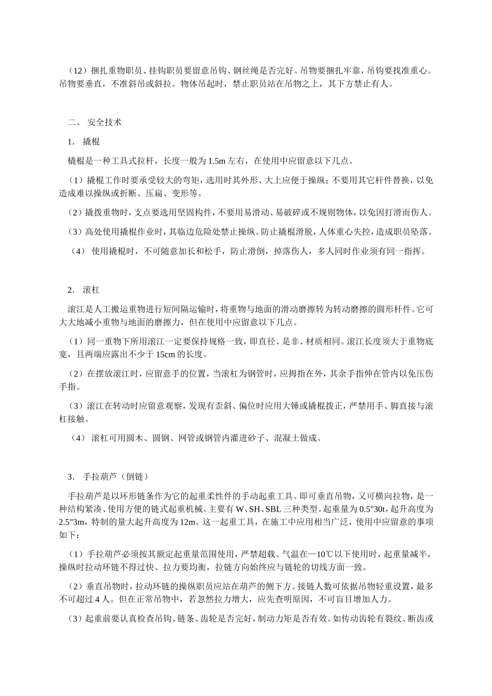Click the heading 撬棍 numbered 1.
(x=91, y=141)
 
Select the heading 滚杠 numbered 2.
(x=91, y=289)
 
